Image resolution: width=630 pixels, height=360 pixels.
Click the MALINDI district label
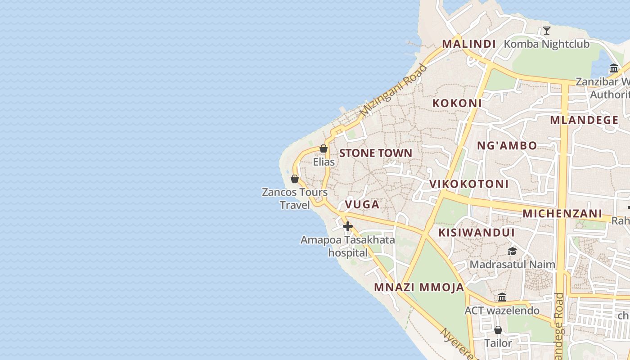(x=468, y=44)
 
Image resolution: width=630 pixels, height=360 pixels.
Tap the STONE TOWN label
(x=375, y=153)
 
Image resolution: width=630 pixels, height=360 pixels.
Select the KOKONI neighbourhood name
(x=457, y=103)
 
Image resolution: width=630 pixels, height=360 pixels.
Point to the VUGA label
(x=362, y=204)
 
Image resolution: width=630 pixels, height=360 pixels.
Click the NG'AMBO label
(x=507, y=145)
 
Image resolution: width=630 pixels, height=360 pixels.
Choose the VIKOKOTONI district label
(x=468, y=184)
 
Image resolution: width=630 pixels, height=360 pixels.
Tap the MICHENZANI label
(x=562, y=213)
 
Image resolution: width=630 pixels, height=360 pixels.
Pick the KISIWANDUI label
(x=477, y=233)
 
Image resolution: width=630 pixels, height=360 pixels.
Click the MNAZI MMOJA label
(x=418, y=288)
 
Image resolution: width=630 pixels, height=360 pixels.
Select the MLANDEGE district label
(x=584, y=120)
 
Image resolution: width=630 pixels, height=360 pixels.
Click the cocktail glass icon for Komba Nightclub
(x=547, y=31)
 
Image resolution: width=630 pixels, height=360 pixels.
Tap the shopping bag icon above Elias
(x=323, y=148)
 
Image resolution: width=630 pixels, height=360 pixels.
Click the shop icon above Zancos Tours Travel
(x=295, y=179)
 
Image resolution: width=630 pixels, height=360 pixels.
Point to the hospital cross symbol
(x=347, y=226)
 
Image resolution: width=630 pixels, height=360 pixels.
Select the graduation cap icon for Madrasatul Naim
(x=512, y=251)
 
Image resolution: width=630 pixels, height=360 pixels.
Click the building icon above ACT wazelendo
(x=502, y=297)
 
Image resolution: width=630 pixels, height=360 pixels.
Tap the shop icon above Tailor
(x=498, y=330)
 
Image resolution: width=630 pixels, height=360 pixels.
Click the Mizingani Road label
(x=393, y=90)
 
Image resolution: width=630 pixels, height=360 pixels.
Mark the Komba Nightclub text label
(x=546, y=44)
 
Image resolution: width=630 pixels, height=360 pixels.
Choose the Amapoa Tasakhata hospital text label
(x=347, y=246)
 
